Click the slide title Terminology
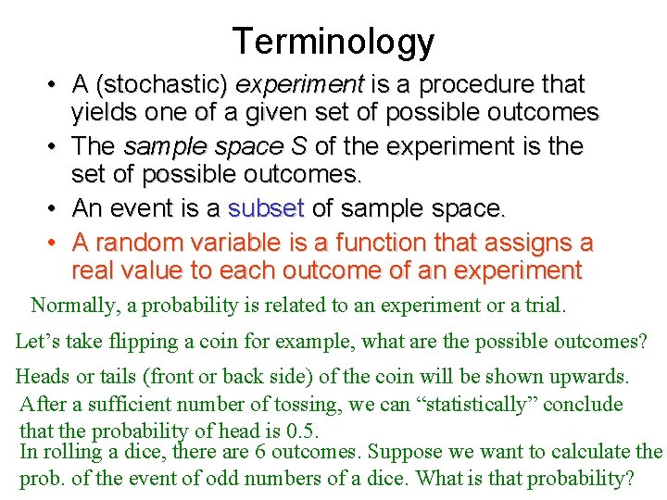pos(333,42)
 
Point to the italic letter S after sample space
pos(297,146)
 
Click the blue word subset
pos(266,209)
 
